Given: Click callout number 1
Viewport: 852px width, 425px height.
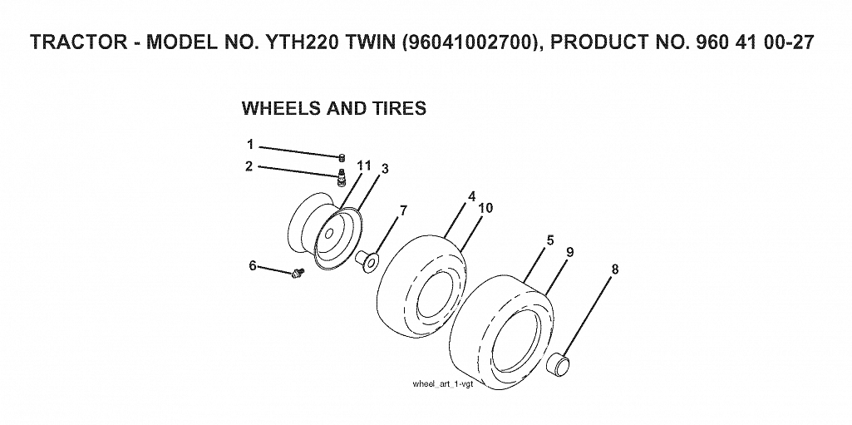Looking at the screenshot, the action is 250,145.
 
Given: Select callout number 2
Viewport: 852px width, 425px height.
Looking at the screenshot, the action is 249,166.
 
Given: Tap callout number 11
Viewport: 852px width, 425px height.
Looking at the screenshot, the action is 363,166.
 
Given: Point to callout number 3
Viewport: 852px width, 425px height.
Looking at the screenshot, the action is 385,169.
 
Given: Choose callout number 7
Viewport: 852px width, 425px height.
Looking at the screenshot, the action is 402,210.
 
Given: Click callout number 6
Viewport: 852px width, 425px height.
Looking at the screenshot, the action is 253,266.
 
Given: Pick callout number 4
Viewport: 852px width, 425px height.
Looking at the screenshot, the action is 471,195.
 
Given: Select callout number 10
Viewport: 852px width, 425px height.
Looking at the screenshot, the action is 485,208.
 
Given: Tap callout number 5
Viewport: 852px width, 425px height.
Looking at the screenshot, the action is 550,240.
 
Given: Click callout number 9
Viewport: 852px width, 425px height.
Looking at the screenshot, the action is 569,252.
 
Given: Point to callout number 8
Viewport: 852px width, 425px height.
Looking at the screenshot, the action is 614,269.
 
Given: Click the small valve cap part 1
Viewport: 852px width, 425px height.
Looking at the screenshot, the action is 342,158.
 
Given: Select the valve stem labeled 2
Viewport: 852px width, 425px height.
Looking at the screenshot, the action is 342,178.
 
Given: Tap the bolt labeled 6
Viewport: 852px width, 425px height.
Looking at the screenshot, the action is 298,274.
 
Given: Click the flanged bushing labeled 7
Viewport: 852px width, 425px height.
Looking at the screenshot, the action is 367,259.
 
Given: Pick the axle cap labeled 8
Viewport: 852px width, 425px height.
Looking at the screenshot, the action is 559,363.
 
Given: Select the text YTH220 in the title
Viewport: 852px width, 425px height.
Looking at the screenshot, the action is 305,42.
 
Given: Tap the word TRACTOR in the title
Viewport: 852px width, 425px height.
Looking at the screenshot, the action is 79,42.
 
